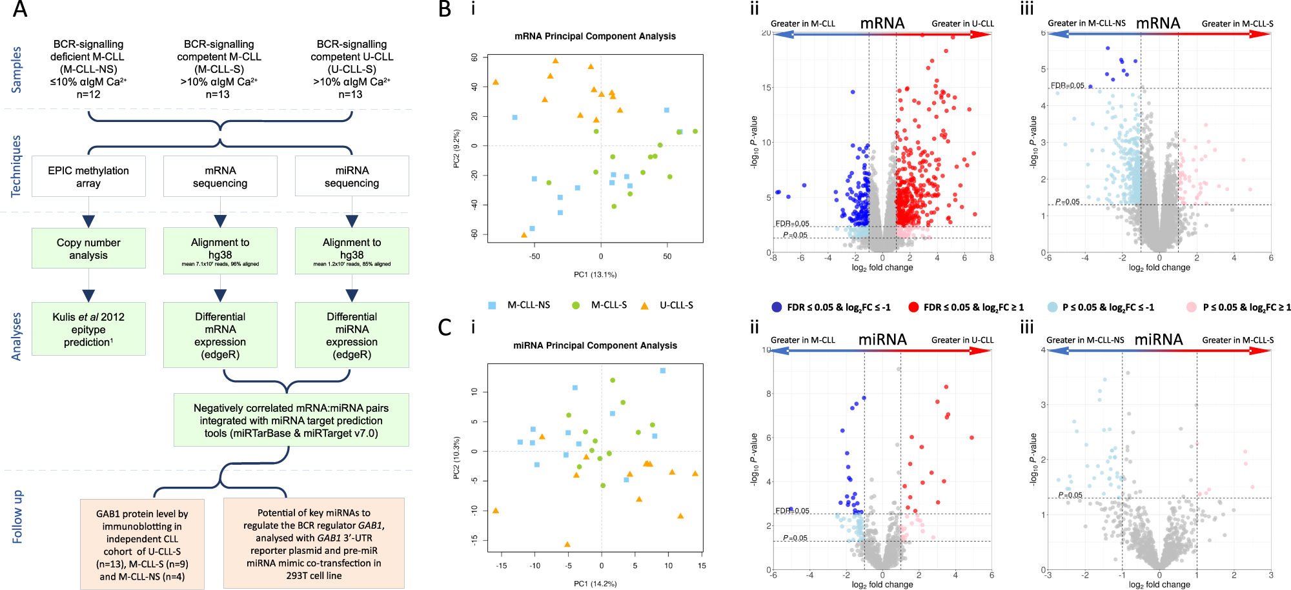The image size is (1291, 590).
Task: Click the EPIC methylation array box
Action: coord(88,176)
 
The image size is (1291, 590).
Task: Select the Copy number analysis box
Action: coord(88,249)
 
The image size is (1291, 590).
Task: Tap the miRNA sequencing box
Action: coord(352,176)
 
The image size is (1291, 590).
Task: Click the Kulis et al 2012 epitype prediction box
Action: coord(88,329)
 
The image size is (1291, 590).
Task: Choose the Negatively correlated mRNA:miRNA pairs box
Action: coord(291,420)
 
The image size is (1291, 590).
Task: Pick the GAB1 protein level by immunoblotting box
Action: coord(142,544)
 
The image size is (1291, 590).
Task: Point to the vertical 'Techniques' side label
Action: coord(16,166)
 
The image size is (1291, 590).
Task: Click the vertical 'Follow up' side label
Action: coord(17,516)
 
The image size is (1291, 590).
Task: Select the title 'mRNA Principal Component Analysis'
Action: coord(595,36)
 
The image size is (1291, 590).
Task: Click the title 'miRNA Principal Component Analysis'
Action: coord(595,345)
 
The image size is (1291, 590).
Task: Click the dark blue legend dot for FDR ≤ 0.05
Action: coord(777,307)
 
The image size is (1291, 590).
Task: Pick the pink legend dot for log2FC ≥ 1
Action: coord(1192,307)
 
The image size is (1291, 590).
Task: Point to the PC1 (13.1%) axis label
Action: coord(595,274)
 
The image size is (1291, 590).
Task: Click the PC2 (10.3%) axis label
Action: coord(456,458)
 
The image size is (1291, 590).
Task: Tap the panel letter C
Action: coord(444,327)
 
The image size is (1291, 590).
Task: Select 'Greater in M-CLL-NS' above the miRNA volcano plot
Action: coord(1084,340)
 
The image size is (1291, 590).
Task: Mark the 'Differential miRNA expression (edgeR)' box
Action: coord(352,335)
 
